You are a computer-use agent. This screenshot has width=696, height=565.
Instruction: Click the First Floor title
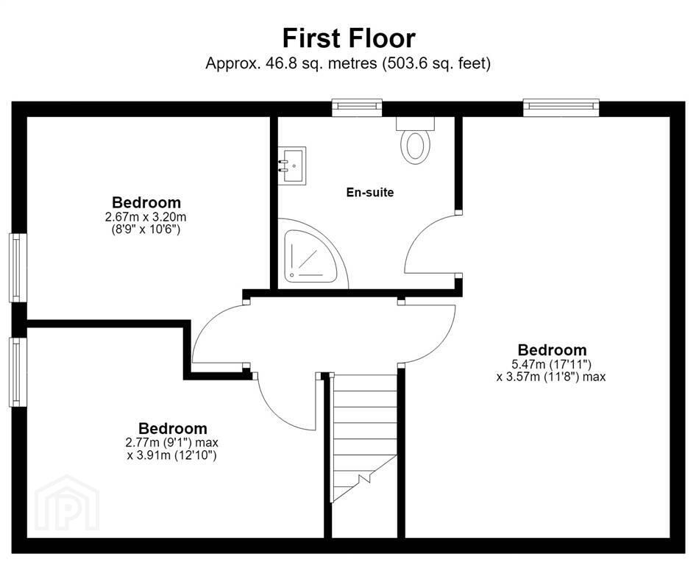tap(349, 38)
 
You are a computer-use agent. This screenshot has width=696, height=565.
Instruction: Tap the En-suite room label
tap(370, 192)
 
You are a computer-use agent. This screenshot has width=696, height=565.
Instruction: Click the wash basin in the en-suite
tap(292, 166)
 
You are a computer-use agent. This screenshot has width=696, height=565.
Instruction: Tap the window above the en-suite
tap(358, 107)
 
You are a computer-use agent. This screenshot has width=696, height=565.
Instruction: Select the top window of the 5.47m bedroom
tap(561, 107)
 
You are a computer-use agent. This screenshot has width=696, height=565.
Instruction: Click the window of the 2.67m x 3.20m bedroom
tap(18, 268)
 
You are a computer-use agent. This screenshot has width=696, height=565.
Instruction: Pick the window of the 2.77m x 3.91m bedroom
tap(18, 372)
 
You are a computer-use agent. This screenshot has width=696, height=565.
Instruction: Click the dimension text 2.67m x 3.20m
tap(146, 217)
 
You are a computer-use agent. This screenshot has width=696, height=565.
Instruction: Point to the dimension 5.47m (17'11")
tap(552, 364)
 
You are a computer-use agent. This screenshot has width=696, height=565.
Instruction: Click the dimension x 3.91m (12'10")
tap(171, 455)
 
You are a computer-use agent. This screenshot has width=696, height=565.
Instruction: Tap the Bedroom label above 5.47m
tap(553, 349)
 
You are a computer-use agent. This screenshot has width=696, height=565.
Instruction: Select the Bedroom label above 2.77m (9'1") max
tap(173, 428)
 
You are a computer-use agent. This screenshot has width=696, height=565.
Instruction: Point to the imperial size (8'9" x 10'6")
tap(146, 230)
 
